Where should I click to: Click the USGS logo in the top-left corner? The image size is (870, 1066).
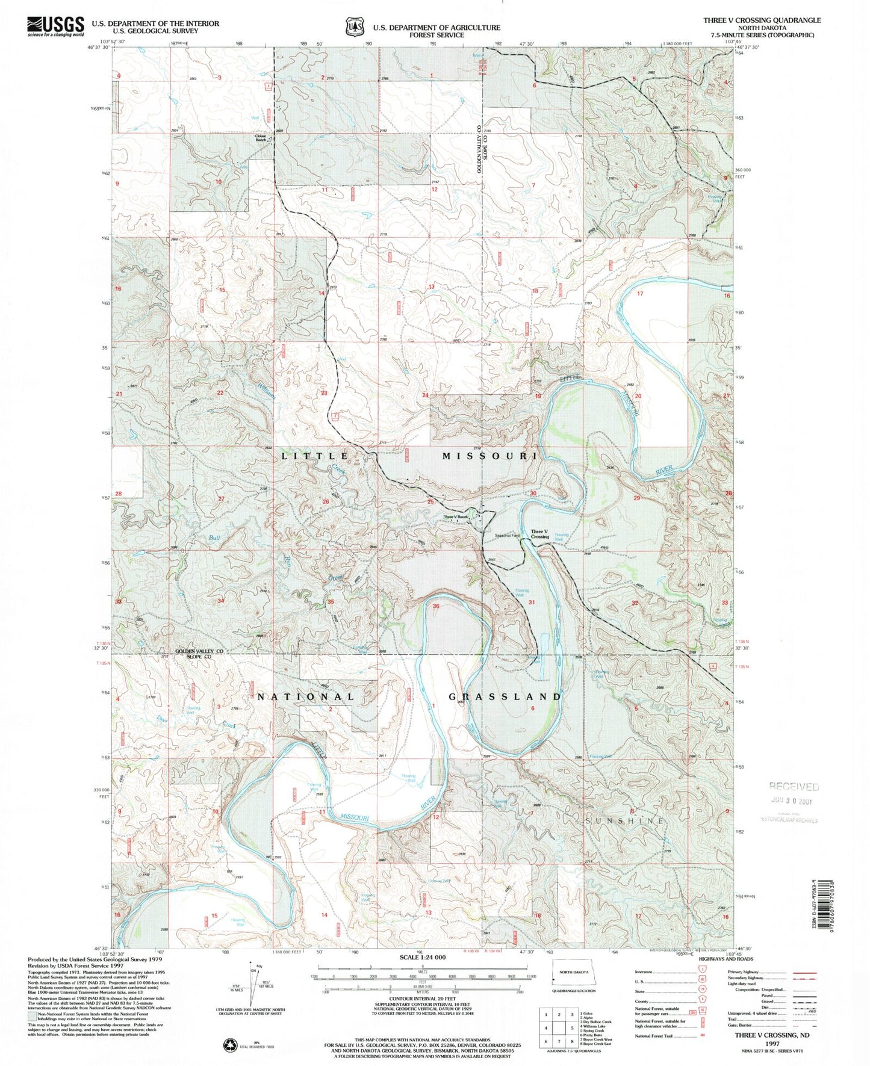point(55,26)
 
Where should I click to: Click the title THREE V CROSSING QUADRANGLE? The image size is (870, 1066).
point(762,20)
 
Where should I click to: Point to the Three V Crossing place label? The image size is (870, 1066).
point(539,533)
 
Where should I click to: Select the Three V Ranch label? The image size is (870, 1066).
point(456,517)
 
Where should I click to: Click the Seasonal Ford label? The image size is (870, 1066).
point(506,535)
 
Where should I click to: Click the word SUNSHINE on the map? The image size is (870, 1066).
point(625,820)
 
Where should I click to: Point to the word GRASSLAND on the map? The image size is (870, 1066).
point(505,696)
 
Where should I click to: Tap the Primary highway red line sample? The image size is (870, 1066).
point(805,971)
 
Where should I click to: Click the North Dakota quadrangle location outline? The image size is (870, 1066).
point(574,973)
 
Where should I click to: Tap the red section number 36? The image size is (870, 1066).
point(436,606)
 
